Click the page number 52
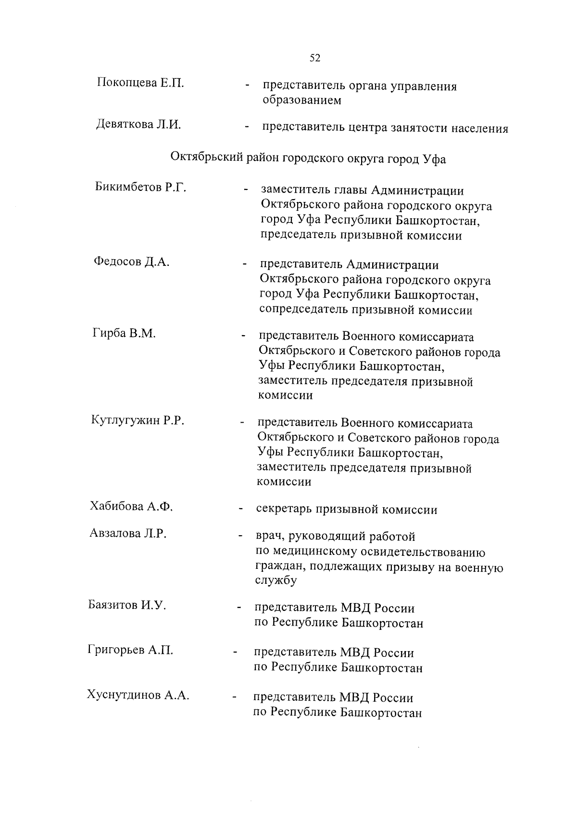[315, 58]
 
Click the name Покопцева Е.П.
[140, 82]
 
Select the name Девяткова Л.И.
[138, 125]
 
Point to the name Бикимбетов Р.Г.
[140, 187]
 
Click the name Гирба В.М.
[124, 333]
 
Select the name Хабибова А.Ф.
[131, 506]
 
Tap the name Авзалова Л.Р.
[128, 533]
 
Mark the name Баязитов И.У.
[127, 605]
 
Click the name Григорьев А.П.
[130, 650]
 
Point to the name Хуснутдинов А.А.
[138, 695]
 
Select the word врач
[271, 537]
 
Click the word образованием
[302, 100]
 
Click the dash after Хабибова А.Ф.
[239, 509]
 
